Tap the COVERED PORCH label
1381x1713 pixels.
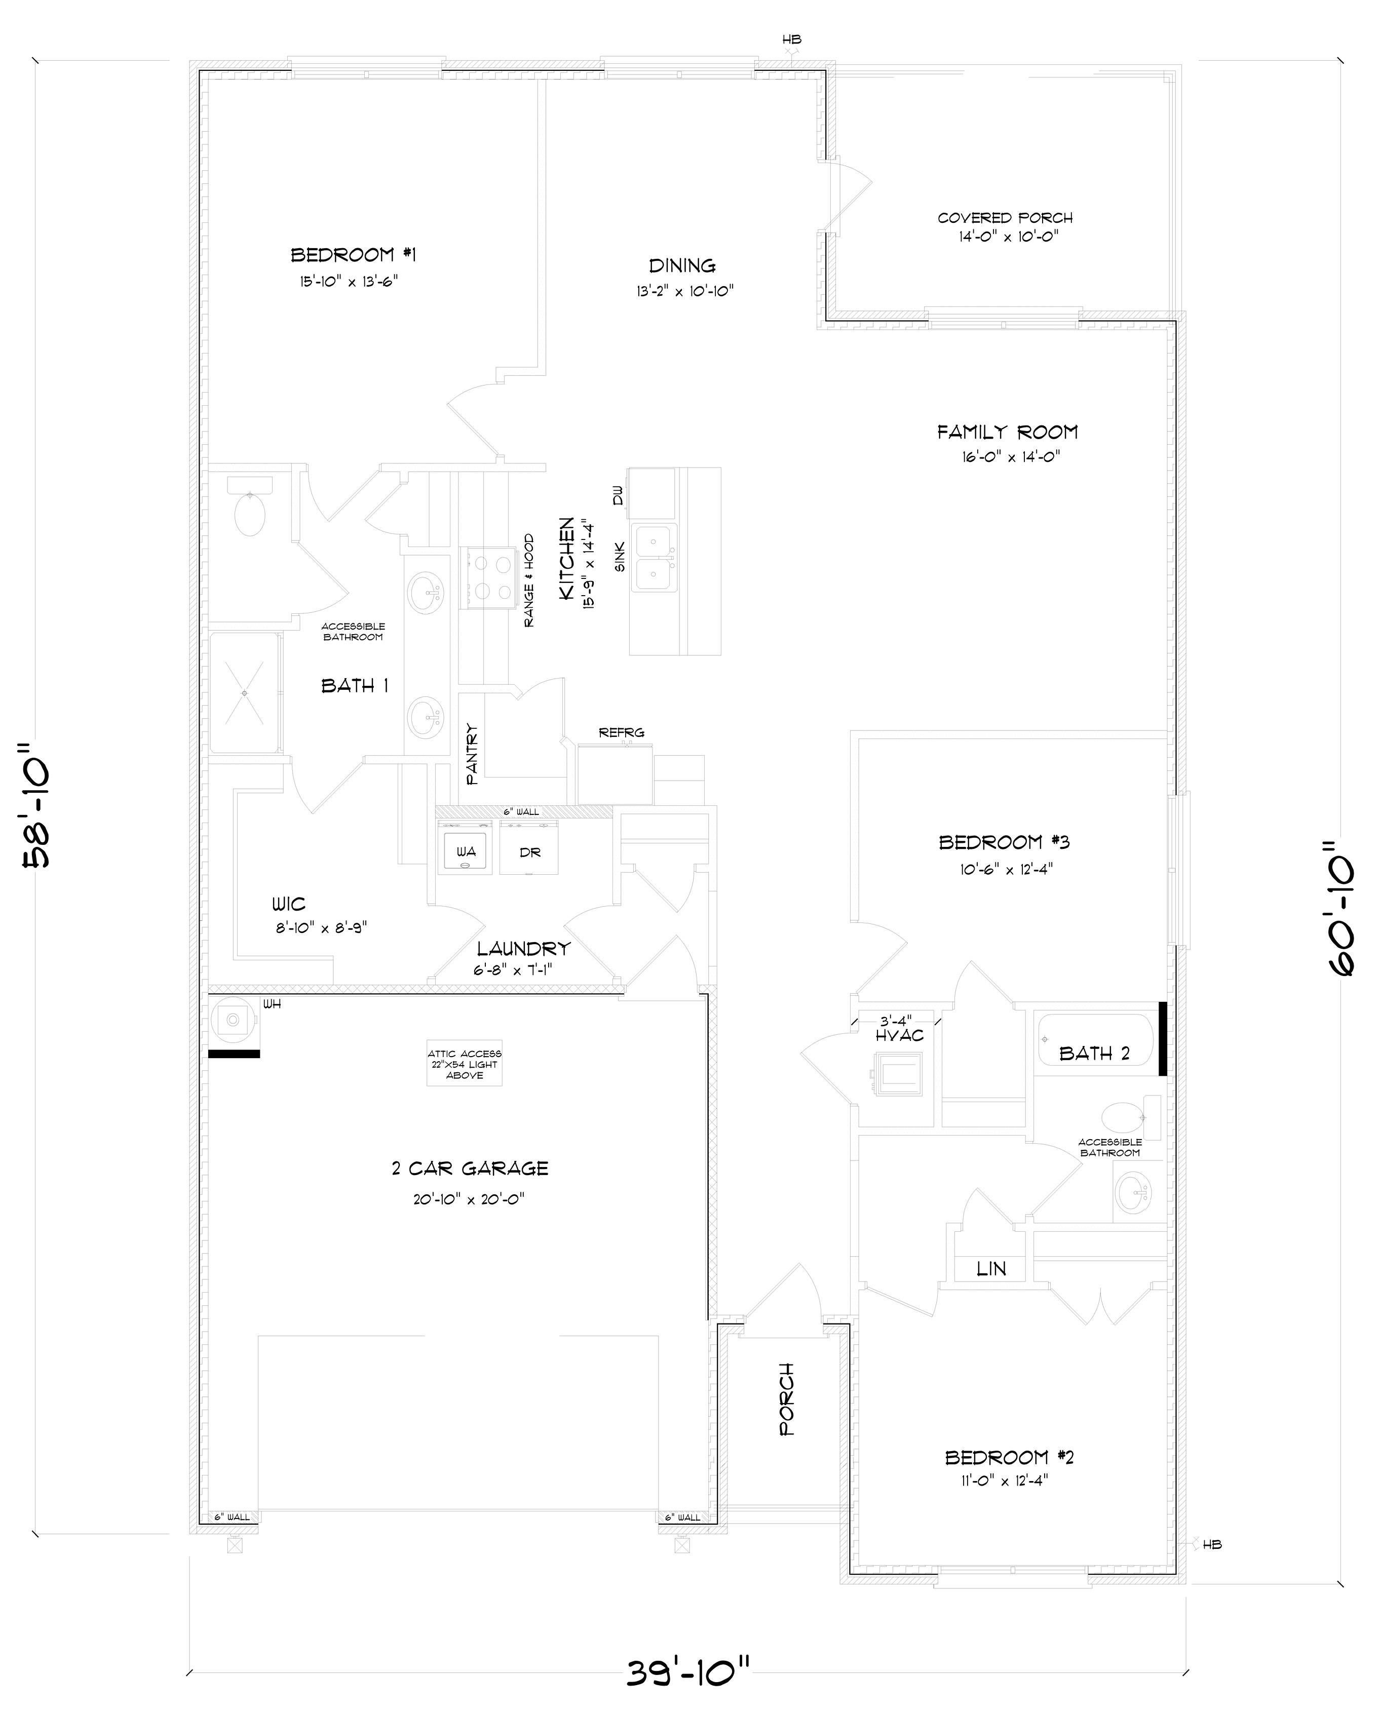(x=1005, y=218)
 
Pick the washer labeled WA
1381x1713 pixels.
(x=466, y=851)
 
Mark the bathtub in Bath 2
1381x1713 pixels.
(x=1095, y=1039)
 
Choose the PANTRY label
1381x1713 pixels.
(x=472, y=753)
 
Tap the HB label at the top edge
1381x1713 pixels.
(x=791, y=39)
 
